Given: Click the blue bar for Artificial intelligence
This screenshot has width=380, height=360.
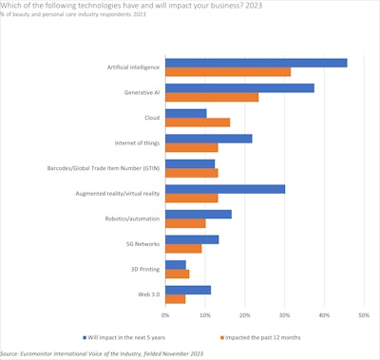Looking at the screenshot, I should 256,63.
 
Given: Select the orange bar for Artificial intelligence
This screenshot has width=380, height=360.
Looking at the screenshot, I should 228,72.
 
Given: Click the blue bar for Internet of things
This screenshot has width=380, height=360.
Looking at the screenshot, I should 209,139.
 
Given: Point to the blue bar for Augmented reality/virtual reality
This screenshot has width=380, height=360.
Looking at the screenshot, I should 225,189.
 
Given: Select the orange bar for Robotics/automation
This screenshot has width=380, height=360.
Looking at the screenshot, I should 185,223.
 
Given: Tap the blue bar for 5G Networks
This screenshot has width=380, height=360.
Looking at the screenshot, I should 192,239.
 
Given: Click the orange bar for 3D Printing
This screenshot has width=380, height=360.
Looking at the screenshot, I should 178,274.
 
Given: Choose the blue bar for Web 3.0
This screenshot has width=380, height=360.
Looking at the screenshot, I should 188,290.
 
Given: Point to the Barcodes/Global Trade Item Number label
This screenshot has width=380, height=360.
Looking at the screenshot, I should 104,168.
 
